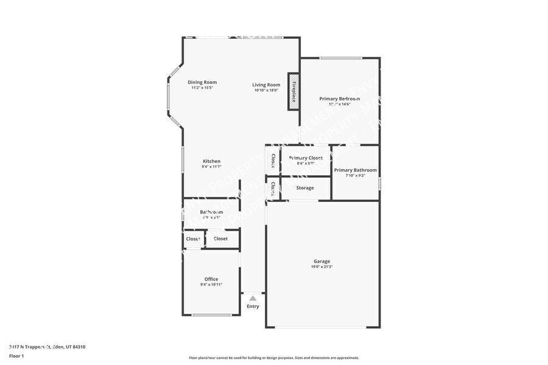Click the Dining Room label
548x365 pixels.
pos(202,82)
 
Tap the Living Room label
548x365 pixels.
pos(266,85)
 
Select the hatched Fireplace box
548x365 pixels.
pos(293,91)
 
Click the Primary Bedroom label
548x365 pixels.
pos(339,99)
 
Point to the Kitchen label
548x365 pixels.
pos(211,161)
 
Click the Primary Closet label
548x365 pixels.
pos(306,158)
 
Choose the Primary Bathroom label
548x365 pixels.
pos(355,170)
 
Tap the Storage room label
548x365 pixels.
pos(305,188)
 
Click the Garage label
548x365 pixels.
pos(321,261)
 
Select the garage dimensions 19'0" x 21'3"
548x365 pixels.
pos(321,266)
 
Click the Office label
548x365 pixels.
pos(211,279)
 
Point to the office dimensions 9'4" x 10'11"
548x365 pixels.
pos(211,285)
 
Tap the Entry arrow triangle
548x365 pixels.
pos(253,298)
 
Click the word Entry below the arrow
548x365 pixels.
pos(253,306)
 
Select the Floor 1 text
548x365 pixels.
pos(16,356)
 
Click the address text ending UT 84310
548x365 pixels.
pos(47,347)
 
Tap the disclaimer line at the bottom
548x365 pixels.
pos(273,358)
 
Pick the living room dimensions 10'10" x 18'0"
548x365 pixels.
pos(266,90)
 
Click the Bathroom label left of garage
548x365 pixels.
pos(211,212)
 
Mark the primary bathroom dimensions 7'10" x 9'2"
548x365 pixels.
pos(355,175)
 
